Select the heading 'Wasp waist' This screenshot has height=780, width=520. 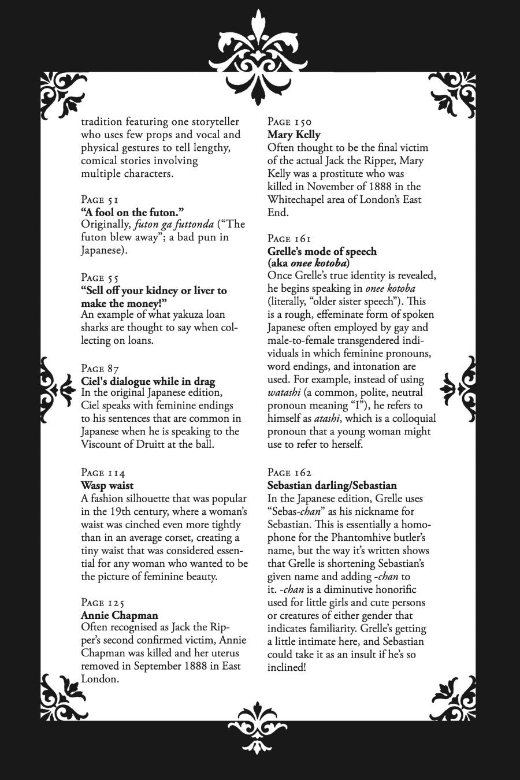tap(107, 485)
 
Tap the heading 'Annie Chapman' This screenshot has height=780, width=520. tap(119, 615)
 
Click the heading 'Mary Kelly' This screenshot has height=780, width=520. tap(294, 135)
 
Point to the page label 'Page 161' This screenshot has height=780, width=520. tap(289, 239)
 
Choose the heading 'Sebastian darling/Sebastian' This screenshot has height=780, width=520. tap(332, 485)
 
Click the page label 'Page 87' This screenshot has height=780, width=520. tap(100, 369)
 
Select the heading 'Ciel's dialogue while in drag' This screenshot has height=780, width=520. tap(148, 381)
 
